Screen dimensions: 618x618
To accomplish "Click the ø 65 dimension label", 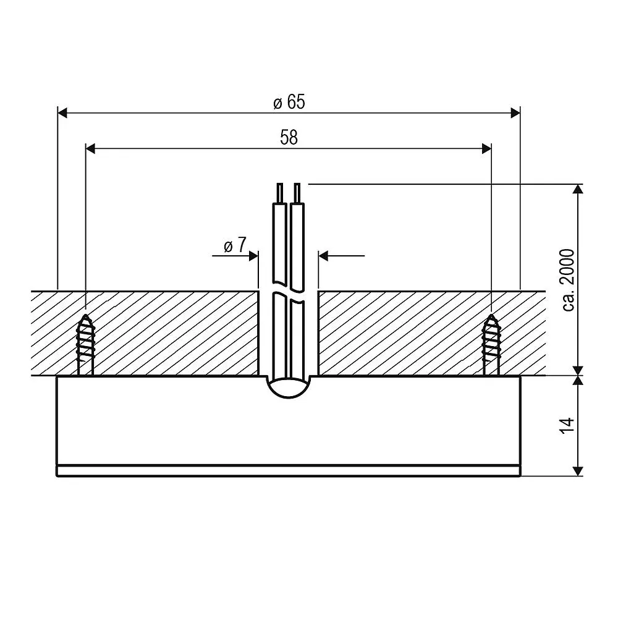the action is pos(289,102).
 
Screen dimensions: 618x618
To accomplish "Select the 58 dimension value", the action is pos(289,138).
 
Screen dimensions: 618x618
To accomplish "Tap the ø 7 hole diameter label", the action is pos(235,245).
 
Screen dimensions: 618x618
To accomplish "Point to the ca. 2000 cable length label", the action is pos(568,280).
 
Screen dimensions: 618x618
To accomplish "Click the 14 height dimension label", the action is pos(568,426).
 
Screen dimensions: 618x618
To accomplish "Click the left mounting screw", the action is pos(85,344).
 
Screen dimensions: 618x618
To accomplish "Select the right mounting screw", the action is pos(491,344).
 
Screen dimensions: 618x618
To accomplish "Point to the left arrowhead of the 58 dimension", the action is pos(91,148).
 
